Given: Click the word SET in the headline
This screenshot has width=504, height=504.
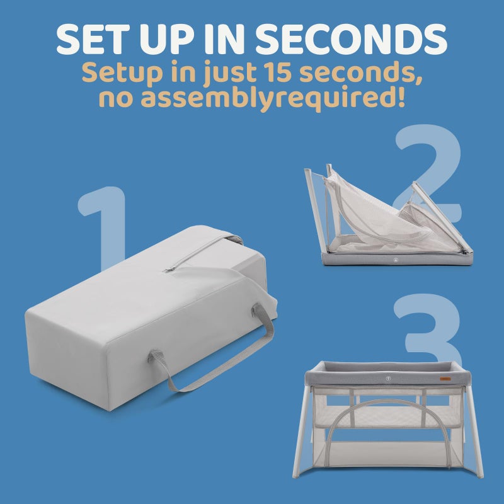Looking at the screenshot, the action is (93, 39).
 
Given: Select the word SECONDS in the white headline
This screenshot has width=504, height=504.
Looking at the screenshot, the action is (351, 39).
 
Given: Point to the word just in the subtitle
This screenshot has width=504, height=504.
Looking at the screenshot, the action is (229, 74).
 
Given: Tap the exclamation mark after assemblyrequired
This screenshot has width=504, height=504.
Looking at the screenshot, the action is (401, 96).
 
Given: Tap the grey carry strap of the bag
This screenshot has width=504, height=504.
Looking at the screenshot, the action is (213, 351).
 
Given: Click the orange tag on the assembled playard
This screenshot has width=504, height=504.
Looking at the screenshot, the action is (445, 379).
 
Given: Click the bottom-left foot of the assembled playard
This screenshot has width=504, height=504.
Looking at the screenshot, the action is (295, 475).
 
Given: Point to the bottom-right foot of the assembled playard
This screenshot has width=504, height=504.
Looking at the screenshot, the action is (480, 475).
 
